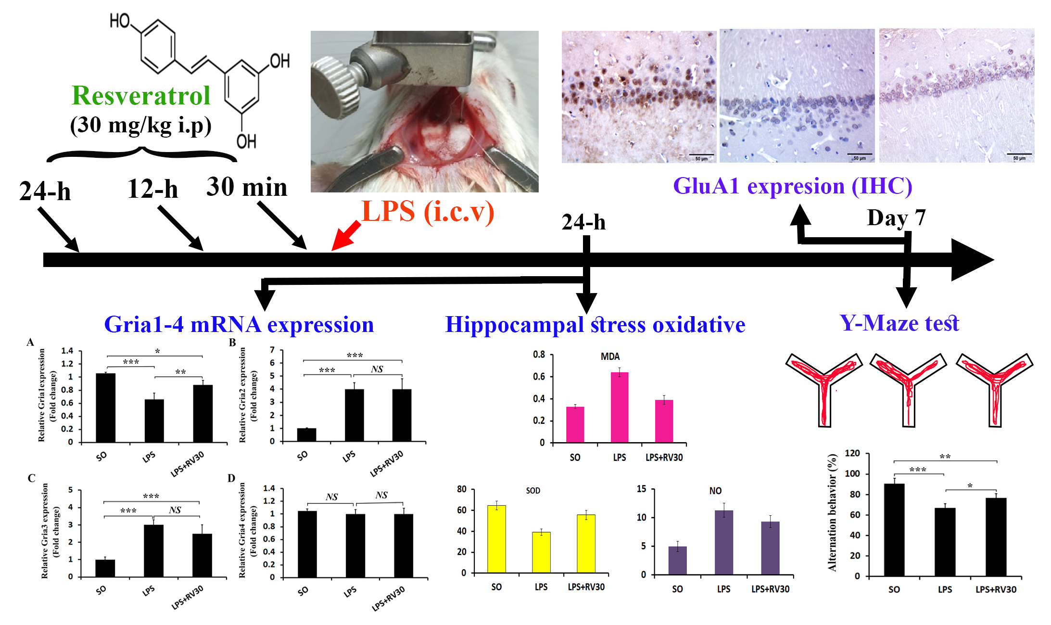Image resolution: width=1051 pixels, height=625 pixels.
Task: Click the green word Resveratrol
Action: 141,96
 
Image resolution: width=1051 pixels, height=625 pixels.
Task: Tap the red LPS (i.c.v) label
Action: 428,211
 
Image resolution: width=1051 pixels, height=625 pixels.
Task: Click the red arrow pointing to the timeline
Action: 346,236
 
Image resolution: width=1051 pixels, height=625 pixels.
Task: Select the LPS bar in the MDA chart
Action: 620,407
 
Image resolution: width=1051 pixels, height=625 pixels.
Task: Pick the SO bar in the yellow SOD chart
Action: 496,539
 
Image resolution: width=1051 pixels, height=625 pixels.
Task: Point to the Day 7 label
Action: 896,217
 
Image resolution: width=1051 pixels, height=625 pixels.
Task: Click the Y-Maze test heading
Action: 899,323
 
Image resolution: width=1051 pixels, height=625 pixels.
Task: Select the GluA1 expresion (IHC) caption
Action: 792,186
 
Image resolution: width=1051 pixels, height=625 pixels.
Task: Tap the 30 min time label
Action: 247,187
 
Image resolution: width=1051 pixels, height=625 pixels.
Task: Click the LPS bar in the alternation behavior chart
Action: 945,542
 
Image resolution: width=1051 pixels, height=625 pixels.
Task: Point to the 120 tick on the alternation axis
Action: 852,453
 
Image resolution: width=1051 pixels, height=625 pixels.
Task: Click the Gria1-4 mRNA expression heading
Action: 239,325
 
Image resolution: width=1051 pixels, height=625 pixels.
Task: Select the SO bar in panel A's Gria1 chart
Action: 105,408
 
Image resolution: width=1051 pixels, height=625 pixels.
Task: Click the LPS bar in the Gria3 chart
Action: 153,550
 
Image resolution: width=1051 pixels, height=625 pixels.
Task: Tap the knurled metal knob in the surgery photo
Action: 335,87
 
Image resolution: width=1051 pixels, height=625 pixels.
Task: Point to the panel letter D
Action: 231,478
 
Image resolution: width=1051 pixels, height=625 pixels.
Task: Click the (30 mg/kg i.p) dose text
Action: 140,126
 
